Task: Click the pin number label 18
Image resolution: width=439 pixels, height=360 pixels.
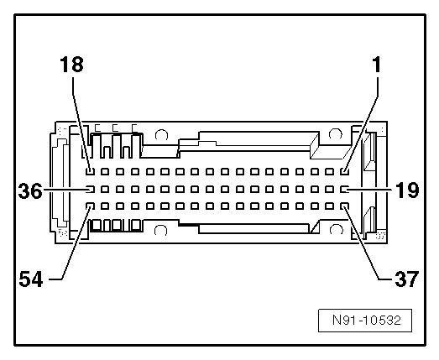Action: pyautogui.click(x=71, y=65)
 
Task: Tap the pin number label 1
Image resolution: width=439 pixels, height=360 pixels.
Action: pyautogui.click(x=376, y=65)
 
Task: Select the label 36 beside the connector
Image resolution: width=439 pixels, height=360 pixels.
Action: pyautogui.click(x=30, y=191)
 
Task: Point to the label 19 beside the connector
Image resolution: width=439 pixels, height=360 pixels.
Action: pyautogui.click(x=407, y=190)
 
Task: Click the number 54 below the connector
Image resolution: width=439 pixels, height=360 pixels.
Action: pyautogui.click(x=31, y=279)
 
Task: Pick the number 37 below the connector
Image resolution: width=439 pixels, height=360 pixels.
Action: pyautogui.click(x=407, y=279)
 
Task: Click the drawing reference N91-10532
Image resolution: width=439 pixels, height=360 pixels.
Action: pyautogui.click(x=367, y=320)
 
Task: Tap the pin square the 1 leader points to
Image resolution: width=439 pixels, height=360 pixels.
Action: pyautogui.click(x=345, y=171)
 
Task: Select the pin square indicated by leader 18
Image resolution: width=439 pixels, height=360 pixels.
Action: pyautogui.click(x=90, y=171)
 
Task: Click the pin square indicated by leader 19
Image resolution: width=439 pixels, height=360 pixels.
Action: pyautogui.click(x=345, y=190)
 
